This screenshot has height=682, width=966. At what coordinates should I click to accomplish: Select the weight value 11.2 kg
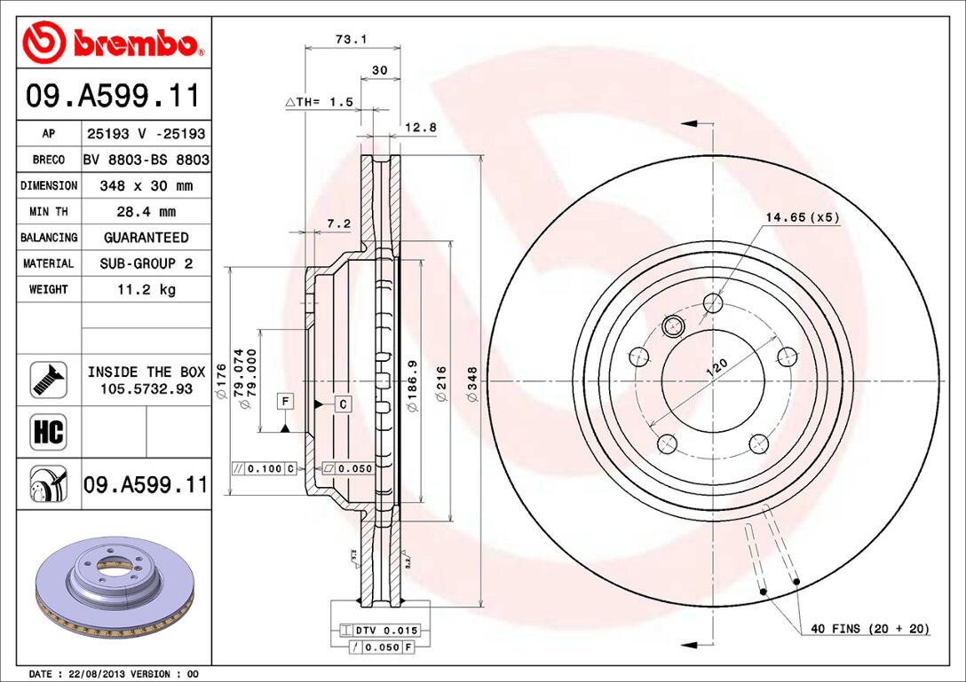tap(146, 289)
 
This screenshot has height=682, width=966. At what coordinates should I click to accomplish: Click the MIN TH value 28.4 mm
tap(146, 212)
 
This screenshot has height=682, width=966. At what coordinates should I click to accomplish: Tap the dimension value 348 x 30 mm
tap(146, 186)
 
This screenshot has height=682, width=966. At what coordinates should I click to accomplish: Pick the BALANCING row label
tap(49, 238)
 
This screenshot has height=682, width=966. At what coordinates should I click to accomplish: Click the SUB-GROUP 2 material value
tap(146, 263)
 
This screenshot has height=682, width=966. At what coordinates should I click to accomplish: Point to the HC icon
tap(48, 432)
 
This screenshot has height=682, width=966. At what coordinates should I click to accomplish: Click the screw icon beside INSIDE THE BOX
tap(48, 380)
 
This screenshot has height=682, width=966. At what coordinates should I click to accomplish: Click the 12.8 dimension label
tap(420, 127)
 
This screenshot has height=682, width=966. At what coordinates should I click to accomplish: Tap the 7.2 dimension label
tap(339, 223)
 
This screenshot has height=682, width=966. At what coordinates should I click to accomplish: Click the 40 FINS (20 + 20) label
tap(869, 629)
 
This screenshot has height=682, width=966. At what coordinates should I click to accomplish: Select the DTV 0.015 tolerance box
tap(378, 630)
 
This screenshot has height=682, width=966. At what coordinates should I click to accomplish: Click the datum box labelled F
tap(284, 402)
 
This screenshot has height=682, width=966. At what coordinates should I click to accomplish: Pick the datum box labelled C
tap(343, 404)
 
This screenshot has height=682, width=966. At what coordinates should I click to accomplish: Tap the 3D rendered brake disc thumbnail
tap(113, 590)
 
